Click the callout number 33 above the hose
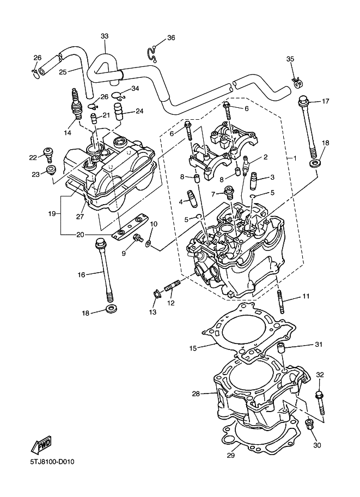coord(105,36)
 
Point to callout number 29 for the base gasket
coord(230,456)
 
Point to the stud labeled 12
coord(172,285)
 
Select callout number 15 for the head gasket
coord(192,347)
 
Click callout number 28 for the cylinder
coord(196,394)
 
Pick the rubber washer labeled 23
coord(51,172)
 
